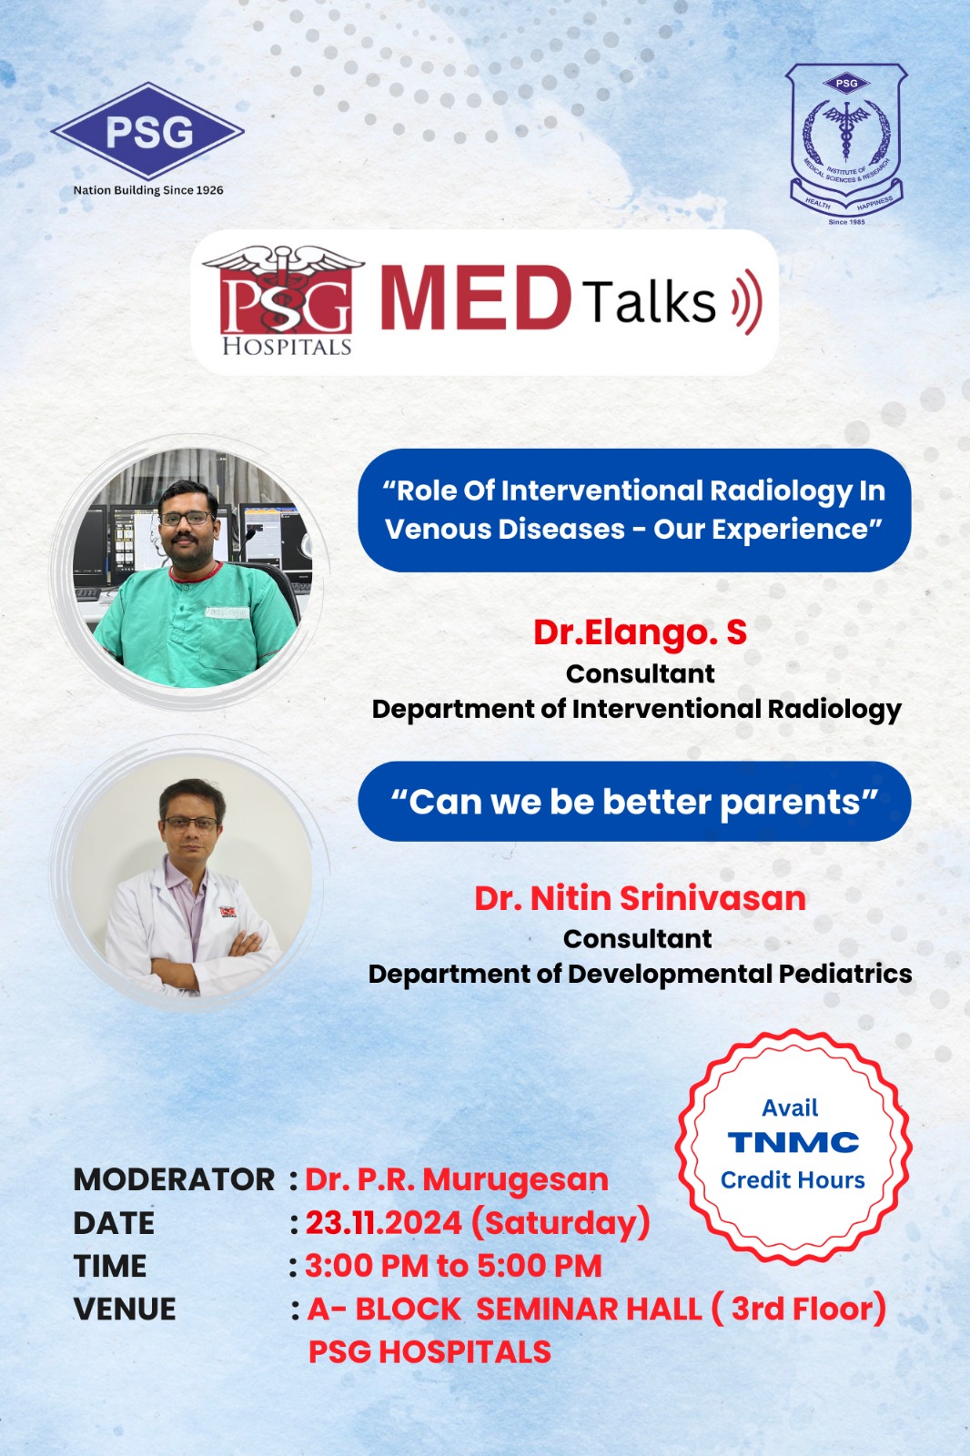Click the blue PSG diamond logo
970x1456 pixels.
[147, 131]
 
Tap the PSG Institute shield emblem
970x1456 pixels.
[846, 139]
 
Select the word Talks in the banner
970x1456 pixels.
[649, 301]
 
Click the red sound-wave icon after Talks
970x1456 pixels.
[747, 301]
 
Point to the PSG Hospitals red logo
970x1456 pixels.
[284, 300]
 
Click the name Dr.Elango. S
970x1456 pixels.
[640, 632]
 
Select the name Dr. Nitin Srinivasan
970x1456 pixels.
[640, 898]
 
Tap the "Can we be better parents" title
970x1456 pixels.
[634, 802]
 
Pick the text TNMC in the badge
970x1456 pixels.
[793, 1142]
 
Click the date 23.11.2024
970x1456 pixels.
[384, 1223]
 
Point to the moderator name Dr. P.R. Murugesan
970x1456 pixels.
[457, 1179]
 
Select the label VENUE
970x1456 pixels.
[124, 1309]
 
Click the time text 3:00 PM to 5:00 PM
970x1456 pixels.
[453, 1266]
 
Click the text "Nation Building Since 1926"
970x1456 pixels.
[148, 190]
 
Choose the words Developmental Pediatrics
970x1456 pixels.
[740, 975]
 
